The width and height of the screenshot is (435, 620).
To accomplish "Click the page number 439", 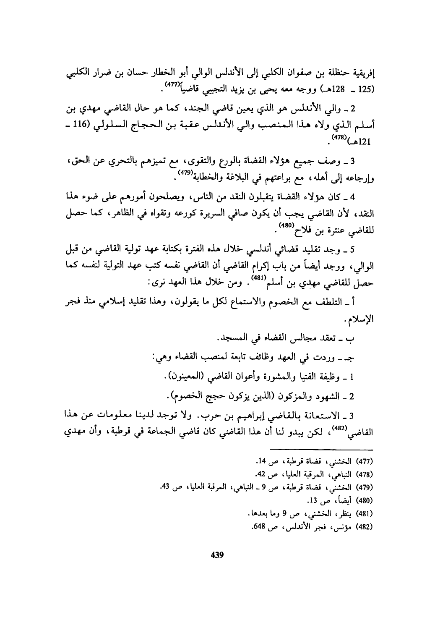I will point(217,555).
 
